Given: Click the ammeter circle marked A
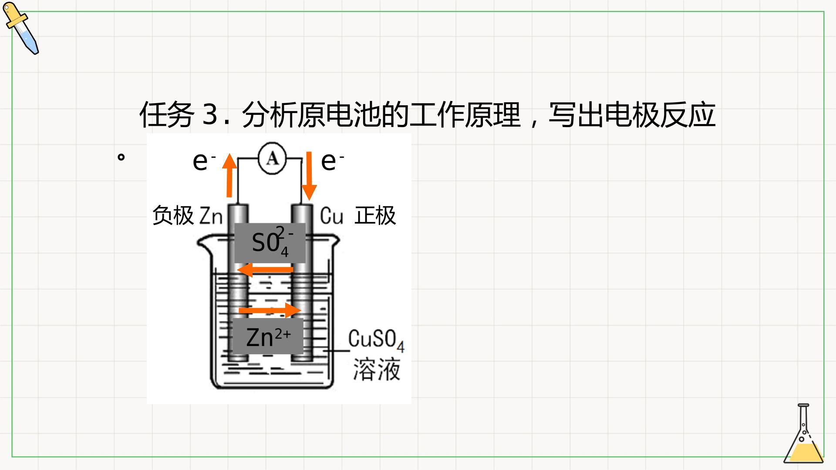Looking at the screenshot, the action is click(x=273, y=159).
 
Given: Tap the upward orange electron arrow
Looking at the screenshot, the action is click(x=229, y=175).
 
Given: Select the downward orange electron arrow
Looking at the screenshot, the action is click(x=309, y=176).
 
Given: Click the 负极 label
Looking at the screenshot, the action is click(x=173, y=215).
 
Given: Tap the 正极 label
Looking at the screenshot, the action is click(x=375, y=215).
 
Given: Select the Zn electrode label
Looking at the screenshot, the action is click(x=211, y=216).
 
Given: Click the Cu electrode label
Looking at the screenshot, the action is click(x=331, y=216).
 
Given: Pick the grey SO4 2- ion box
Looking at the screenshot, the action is click(x=270, y=243).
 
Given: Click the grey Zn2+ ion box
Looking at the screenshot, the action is click(x=268, y=336).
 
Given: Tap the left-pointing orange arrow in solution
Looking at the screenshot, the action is click(x=265, y=270).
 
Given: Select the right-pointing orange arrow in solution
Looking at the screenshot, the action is click(x=270, y=310).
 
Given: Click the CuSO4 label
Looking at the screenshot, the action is click(x=376, y=341).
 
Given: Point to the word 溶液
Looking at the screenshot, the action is click(x=376, y=370).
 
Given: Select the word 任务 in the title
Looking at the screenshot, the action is click(x=167, y=115).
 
